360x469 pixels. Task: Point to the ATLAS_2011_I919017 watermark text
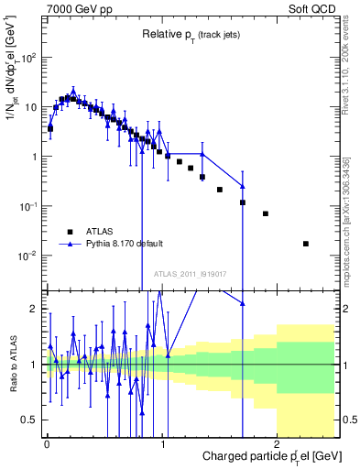coord(190,272)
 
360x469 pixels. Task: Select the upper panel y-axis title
coord(12,82)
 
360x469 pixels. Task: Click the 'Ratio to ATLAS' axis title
coord(12,364)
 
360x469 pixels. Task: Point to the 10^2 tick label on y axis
coord(28,57)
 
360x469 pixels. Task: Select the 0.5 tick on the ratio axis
coord(29,420)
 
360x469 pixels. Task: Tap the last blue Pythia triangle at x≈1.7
coord(243,186)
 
